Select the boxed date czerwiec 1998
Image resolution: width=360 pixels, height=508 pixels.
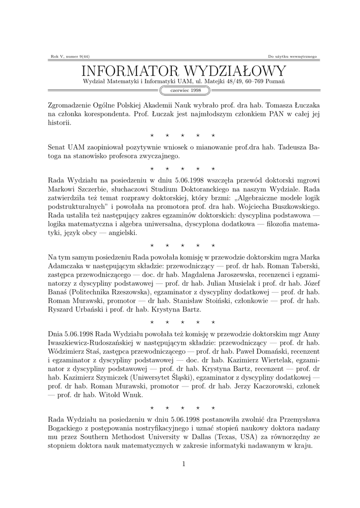(185, 91)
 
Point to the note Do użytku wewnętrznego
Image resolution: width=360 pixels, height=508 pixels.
(292, 57)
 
